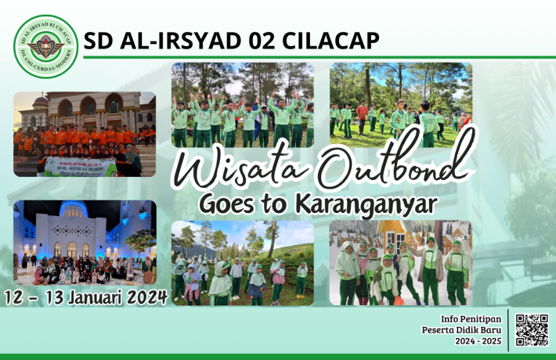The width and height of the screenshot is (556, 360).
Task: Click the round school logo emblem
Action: pyautogui.click(x=45, y=46)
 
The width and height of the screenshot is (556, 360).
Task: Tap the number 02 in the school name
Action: pyautogui.click(x=255, y=41)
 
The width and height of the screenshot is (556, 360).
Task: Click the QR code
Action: pyautogui.click(x=533, y=329)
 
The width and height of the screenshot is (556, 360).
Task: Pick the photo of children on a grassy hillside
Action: pyautogui.click(x=243, y=262)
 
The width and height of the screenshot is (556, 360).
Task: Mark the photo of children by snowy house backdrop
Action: pyautogui.click(x=400, y=262)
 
